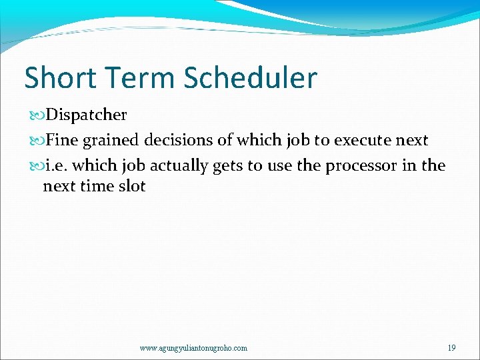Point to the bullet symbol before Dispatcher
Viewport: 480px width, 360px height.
pos(36,115)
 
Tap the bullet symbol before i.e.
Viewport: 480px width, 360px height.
pos(36,166)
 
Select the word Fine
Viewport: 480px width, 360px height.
pos(61,141)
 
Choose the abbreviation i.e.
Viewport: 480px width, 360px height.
pos(54,165)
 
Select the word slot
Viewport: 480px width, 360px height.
pos(132,186)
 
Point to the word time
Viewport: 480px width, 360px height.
pos(97,186)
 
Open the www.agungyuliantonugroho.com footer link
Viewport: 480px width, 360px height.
pos(193,348)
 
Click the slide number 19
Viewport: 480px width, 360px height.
pos(451,348)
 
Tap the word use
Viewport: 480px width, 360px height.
pos(279,166)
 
